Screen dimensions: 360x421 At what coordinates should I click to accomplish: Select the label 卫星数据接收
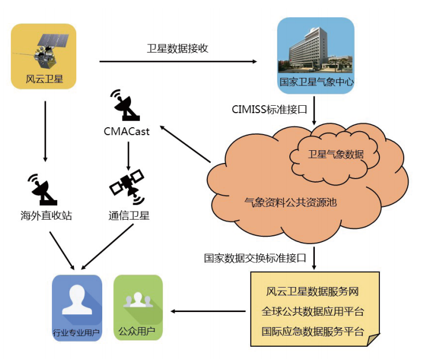click(177, 49)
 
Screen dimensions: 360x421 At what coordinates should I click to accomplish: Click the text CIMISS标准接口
click(268, 109)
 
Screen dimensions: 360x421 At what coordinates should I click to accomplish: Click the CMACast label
click(126, 132)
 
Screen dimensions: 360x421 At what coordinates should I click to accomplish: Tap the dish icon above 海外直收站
click(43, 187)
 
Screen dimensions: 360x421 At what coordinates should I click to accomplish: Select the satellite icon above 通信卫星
click(126, 185)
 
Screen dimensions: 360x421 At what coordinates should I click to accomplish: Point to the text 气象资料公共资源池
click(290, 202)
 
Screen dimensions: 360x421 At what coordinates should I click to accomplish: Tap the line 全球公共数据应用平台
click(313, 312)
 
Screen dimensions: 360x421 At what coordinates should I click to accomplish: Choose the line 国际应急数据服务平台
click(313, 332)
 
